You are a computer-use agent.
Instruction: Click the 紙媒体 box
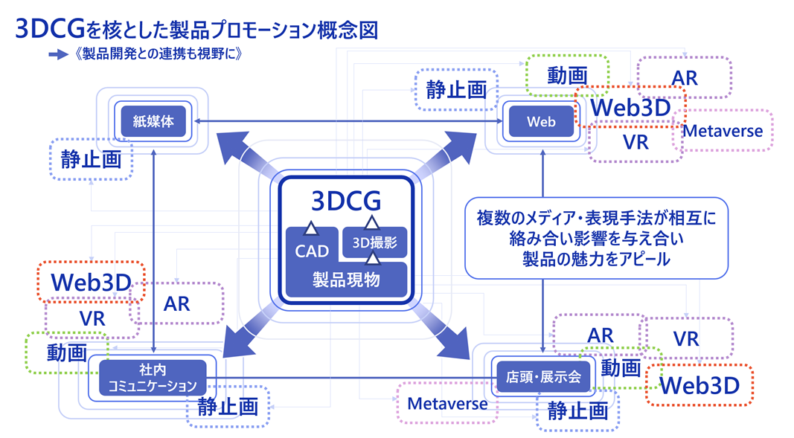(x=153, y=121)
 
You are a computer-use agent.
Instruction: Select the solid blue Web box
(x=541, y=122)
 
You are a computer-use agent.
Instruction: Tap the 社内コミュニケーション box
(x=152, y=378)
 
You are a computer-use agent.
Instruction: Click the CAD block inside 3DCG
(x=311, y=251)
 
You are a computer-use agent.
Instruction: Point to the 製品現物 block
(x=347, y=280)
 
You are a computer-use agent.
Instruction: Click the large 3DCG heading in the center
(x=346, y=201)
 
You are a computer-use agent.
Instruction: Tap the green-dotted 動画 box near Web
(x=567, y=75)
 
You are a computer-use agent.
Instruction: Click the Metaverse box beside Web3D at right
(x=723, y=132)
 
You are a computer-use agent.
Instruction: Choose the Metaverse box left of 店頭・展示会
(x=447, y=404)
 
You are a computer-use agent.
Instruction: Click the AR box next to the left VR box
(x=176, y=303)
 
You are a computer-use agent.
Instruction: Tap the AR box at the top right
(x=685, y=77)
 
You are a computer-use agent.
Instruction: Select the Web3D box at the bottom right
(x=699, y=384)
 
